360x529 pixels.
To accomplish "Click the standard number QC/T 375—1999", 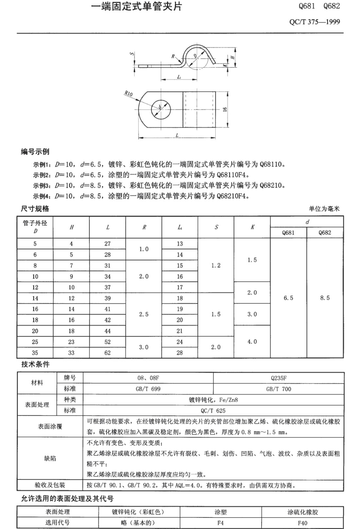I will pos(315,22).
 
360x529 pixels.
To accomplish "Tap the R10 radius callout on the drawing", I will pos(129,94).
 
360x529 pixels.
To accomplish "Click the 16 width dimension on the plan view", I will pos(225,109).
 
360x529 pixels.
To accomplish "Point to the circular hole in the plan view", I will pos(161,108).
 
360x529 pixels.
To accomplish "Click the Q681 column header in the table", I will pos(288,233).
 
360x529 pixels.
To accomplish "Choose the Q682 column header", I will pos(325,233).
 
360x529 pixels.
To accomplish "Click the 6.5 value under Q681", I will pos(288,298).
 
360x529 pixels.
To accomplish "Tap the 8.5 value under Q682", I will pos(325,298).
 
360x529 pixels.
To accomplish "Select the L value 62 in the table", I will pos(107,353).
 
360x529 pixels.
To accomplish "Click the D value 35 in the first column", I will pos(35,353).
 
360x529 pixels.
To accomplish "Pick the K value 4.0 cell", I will pos(252,342).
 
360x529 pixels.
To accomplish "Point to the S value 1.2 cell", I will pos(216,265).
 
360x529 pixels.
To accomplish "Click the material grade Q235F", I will pos(279,378).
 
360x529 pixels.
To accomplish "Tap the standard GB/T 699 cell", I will pos(148,389).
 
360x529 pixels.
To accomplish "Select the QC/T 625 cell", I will pos(213,410).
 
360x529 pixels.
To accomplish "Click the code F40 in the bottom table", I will pos(302,523).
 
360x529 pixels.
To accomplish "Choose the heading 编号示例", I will pos(35,152).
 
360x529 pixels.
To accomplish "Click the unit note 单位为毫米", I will pos(324,209).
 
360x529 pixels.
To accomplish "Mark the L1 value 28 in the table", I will pos(180,353).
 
